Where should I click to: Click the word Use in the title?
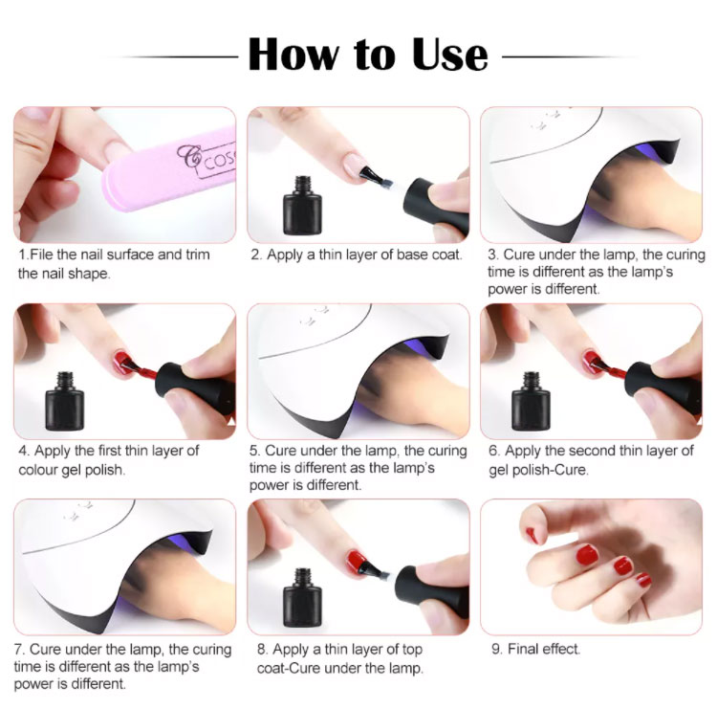point(450,55)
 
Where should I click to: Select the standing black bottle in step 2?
point(302,206)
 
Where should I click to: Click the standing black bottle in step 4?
point(64,402)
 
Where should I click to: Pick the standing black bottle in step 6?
point(531,402)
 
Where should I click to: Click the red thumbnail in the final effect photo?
point(532,535)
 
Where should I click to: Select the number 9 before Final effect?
point(495,649)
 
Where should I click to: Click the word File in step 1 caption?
point(41,255)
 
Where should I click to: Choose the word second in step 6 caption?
point(598,451)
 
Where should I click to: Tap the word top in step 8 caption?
point(411,650)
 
